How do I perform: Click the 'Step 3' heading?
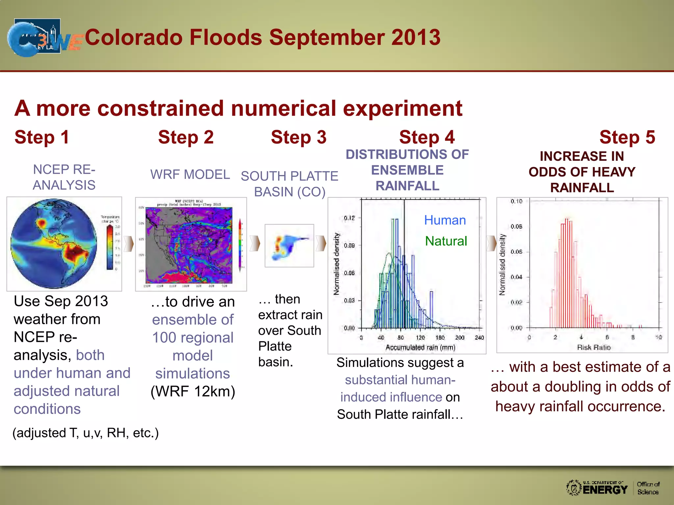tap(298, 137)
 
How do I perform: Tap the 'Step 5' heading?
tap(627, 137)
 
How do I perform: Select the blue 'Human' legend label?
tap(445, 220)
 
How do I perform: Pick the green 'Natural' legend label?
tap(446, 241)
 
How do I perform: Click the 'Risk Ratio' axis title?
tap(594, 348)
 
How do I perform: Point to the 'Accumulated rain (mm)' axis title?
tap(420, 348)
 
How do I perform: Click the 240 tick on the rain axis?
tap(479, 338)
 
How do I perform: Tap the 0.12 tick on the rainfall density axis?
tap(349, 218)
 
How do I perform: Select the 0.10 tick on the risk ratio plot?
tap(516, 201)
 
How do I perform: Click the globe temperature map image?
tap(54, 244)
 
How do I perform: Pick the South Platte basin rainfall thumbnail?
tap(289, 246)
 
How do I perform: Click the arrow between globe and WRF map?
tap(129, 244)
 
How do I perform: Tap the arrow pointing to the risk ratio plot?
tap(491, 243)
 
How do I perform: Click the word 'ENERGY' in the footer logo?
tap(605, 490)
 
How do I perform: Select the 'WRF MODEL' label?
tap(190, 175)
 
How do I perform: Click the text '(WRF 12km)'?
tap(193, 392)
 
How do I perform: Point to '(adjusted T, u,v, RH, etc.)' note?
tap(86, 433)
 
